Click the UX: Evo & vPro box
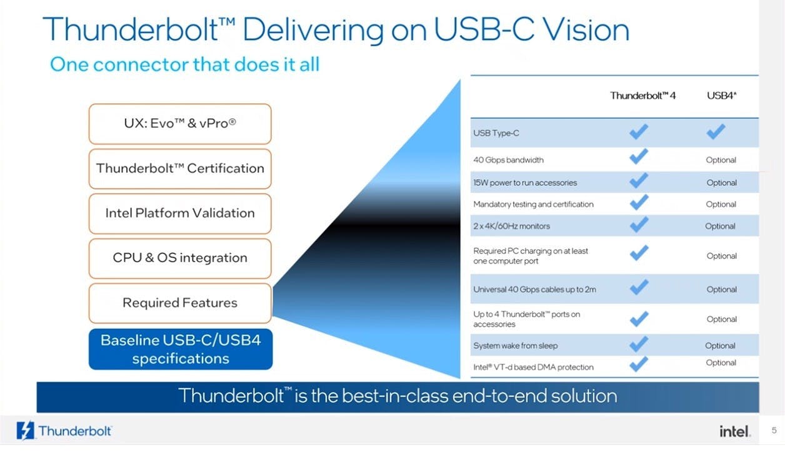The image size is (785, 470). pos(180,123)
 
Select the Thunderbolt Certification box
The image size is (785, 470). pos(180,168)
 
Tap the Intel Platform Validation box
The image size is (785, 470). pos(180,213)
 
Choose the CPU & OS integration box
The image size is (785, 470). pos(180,258)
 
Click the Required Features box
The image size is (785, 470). pos(180,303)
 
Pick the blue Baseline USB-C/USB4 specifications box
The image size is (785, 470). pos(180,349)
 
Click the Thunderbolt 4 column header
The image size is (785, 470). pos(643,96)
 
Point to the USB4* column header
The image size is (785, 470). pos(722,96)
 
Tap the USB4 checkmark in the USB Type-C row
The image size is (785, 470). pos(716,131)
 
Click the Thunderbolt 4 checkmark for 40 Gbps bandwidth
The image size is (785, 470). pos(639,156)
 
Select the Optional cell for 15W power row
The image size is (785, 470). pos(722,183)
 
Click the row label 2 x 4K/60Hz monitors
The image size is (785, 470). pos(512,226)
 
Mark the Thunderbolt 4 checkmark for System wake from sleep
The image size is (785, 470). pos(639,344)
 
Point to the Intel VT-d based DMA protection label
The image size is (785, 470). pos(533,367)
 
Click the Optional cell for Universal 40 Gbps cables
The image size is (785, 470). pos(722,289)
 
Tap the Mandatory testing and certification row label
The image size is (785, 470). pos(533,204)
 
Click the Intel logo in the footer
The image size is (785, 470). pos(734,431)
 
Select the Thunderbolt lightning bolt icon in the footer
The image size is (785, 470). pos(26,431)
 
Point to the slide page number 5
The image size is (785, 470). pos(774,430)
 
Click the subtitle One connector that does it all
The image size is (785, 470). pos(184,64)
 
